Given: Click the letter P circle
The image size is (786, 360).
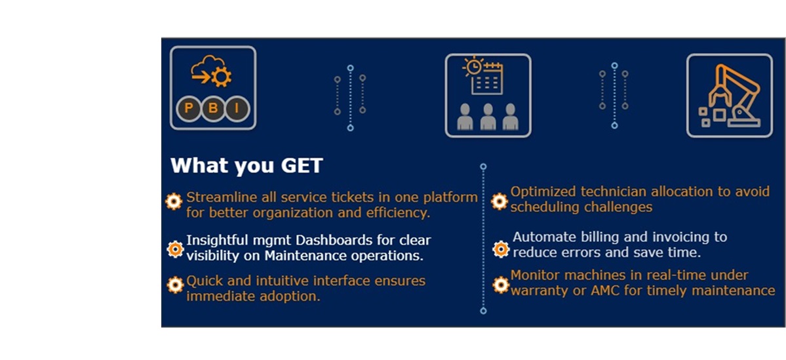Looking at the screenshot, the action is [189, 108].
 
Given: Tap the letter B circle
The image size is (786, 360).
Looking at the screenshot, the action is [213, 108].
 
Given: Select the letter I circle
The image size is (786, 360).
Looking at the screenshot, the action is [237, 108].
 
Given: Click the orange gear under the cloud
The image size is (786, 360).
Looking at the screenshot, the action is [221, 77].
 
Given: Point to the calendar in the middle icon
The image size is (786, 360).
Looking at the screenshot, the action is [486, 78].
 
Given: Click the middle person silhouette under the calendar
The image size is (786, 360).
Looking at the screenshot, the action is [488, 116].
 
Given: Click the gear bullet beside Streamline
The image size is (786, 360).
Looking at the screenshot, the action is [174, 201].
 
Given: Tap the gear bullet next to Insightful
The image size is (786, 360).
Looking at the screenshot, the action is [175, 249].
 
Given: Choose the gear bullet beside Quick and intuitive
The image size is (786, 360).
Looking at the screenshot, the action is [175, 285].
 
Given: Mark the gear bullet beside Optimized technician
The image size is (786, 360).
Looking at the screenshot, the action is [500, 201].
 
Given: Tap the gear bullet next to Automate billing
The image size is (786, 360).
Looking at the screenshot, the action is [501, 249].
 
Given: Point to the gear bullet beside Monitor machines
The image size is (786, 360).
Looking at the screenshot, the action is [500, 285].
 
